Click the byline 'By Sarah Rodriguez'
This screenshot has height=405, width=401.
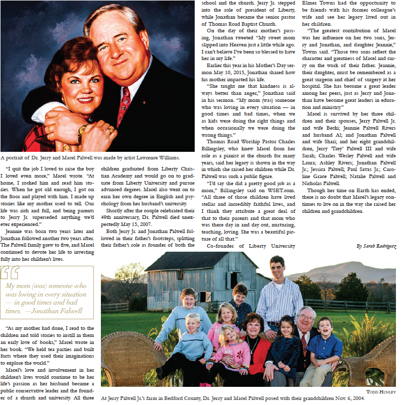[376, 246]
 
